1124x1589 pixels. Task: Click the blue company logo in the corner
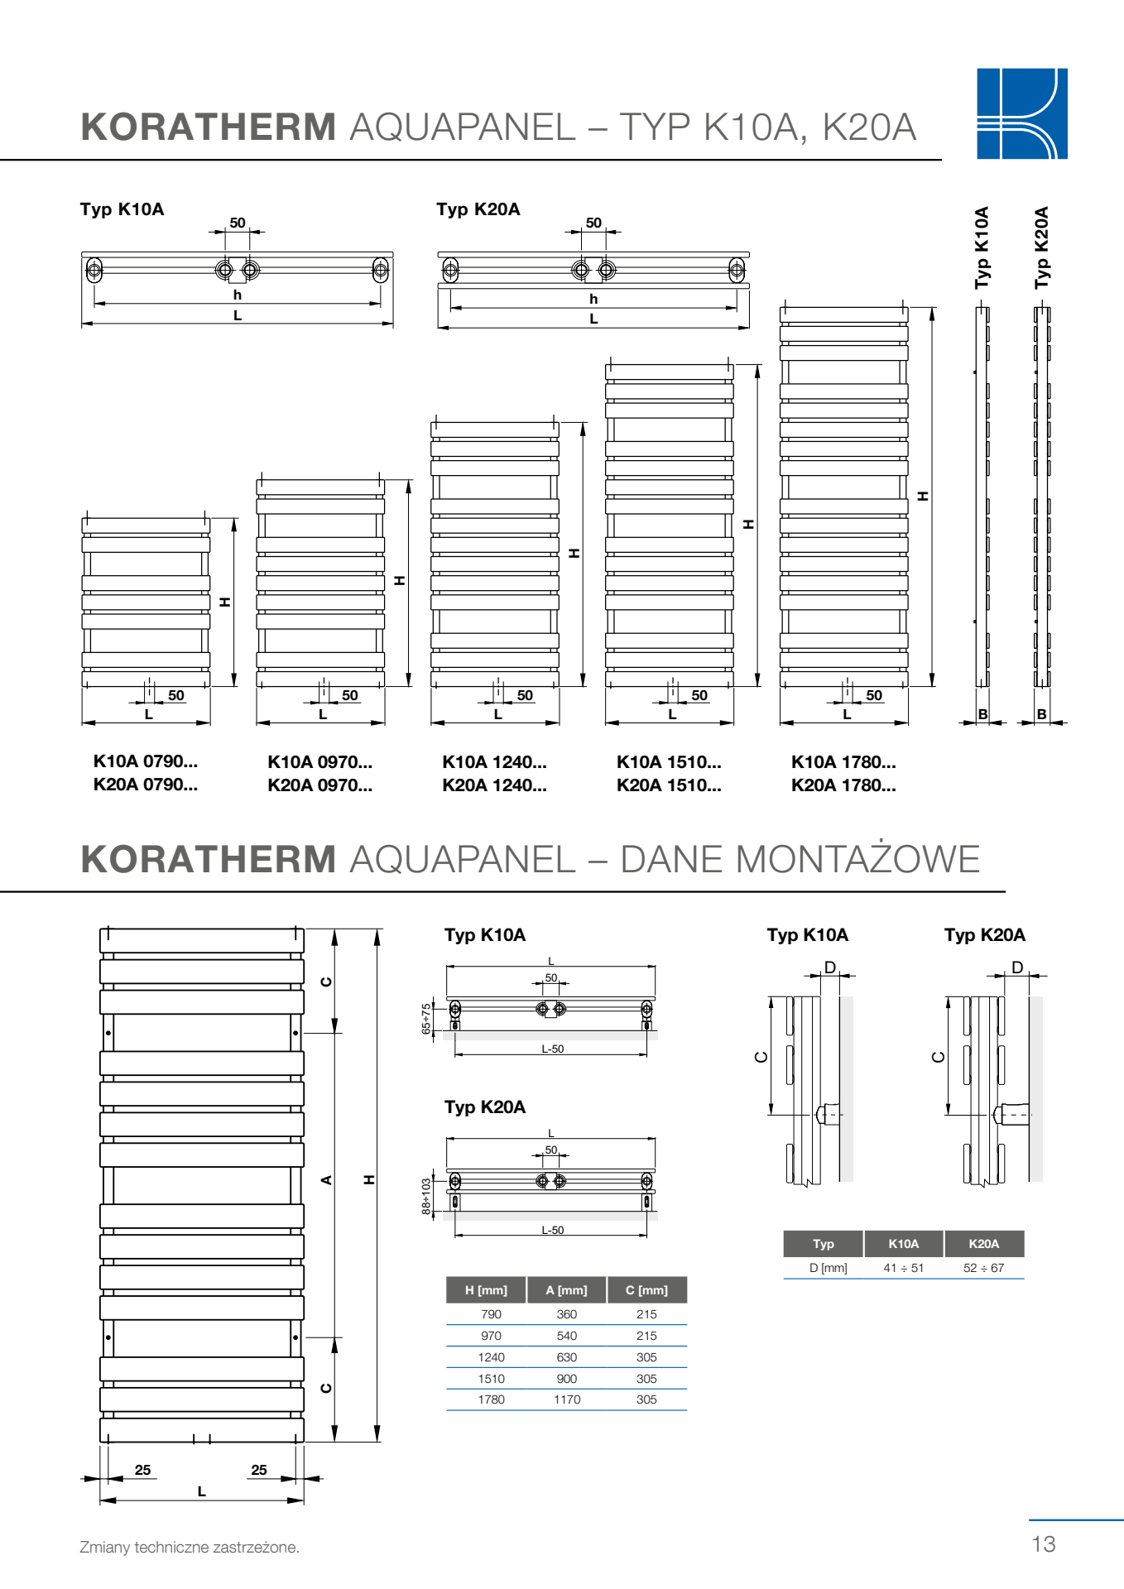click(x=1021, y=113)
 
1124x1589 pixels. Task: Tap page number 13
click(x=1043, y=1543)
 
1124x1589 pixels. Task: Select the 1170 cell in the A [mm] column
click(x=567, y=1399)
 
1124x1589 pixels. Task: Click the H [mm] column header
click(x=486, y=1290)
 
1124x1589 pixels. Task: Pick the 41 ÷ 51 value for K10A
click(x=903, y=1268)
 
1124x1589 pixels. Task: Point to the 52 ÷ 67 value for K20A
click(x=983, y=1268)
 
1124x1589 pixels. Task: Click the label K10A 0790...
click(x=146, y=761)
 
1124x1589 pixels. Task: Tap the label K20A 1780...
click(x=843, y=785)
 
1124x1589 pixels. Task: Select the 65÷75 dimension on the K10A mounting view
click(x=426, y=1019)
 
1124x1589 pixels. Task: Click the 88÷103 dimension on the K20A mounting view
click(x=426, y=1197)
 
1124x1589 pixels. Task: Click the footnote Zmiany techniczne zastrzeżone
click(x=190, y=1547)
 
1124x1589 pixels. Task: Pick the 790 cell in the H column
click(x=491, y=1314)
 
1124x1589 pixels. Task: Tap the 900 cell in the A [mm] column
click(x=567, y=1379)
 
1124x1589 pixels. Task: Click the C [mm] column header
click(x=646, y=1290)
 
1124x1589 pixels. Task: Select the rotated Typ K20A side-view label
click(x=1041, y=247)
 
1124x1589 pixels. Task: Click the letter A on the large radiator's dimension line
click(x=327, y=1180)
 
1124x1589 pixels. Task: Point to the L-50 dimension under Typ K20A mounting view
click(x=552, y=1231)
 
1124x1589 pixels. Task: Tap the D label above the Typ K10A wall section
click(x=829, y=967)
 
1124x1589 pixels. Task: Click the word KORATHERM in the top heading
click(x=209, y=127)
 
